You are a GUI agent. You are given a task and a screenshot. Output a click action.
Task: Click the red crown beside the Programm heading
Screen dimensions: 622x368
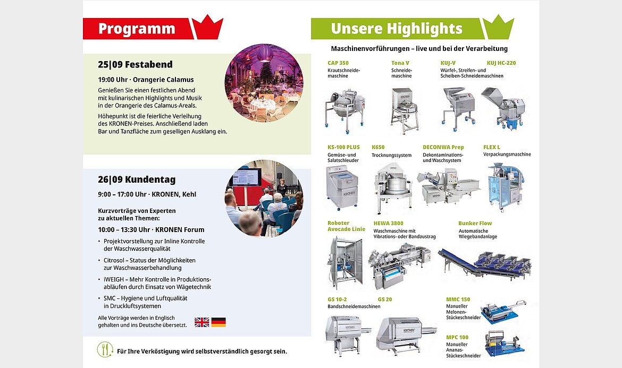pos(207,27)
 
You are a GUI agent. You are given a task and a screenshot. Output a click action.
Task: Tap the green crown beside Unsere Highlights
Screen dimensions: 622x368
pos(498,27)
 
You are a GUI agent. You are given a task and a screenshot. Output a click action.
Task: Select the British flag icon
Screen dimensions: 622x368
pos(202,322)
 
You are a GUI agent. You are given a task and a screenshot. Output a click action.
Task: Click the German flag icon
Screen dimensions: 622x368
pos(218,322)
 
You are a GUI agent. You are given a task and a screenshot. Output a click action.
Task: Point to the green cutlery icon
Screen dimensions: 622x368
pos(105,349)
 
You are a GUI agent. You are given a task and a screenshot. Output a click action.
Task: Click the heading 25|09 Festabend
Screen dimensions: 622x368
pos(135,65)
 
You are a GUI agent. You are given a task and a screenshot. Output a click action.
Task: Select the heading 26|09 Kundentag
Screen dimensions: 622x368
pos(137,179)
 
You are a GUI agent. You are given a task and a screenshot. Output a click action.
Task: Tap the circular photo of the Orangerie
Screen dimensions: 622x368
pos(264,83)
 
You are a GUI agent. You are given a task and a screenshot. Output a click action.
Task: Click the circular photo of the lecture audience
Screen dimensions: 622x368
pos(264,199)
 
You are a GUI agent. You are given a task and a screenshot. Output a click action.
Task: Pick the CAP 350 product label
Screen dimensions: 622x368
pos(338,63)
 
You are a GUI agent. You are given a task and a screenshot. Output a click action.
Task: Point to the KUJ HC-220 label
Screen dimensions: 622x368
pos(501,63)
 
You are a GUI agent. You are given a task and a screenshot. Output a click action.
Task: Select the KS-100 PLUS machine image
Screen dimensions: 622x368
pos(341,188)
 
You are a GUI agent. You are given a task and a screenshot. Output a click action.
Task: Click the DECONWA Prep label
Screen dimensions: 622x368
pos(443,147)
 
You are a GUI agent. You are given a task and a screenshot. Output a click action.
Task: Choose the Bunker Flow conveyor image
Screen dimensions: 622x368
pos(485,263)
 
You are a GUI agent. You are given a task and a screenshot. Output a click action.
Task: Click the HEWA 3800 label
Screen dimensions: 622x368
pos(389,224)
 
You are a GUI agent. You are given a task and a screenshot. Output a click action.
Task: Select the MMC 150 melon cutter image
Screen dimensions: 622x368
pos(503,312)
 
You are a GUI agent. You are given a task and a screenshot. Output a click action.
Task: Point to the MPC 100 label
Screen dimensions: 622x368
pos(457,338)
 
